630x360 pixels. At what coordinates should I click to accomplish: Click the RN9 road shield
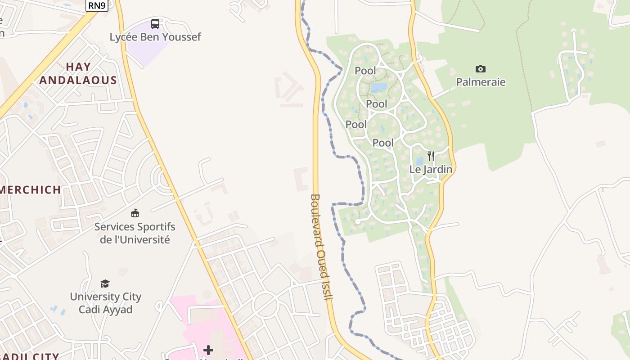(x=97, y=5)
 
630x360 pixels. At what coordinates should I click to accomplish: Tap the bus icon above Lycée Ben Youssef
(x=155, y=24)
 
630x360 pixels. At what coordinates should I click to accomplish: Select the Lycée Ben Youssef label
(x=155, y=37)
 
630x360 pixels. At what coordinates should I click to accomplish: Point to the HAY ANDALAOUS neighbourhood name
(x=78, y=73)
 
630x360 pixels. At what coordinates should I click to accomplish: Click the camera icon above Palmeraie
(x=481, y=69)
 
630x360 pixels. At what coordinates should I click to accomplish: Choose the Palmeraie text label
(x=481, y=82)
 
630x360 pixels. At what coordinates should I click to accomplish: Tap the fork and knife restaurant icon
(x=431, y=156)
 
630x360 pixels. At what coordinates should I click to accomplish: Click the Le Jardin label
(x=431, y=170)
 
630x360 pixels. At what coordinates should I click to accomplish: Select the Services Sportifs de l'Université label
(x=135, y=233)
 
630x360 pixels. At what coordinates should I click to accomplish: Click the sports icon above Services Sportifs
(x=135, y=213)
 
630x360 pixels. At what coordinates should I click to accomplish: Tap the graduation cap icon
(x=105, y=283)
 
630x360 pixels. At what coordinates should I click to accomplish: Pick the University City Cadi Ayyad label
(x=105, y=303)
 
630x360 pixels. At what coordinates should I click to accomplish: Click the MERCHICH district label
(x=31, y=190)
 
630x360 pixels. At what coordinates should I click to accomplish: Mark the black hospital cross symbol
(x=208, y=350)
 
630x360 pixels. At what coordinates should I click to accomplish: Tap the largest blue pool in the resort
(x=379, y=87)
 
